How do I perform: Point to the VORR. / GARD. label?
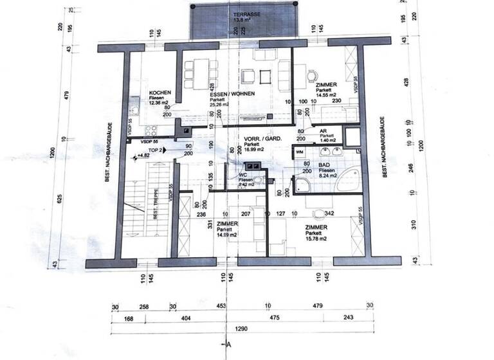click(x=260, y=139)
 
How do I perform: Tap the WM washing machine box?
click(x=300, y=152)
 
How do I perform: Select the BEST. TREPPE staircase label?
click(x=156, y=206)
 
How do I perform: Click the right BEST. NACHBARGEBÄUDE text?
click(x=383, y=147)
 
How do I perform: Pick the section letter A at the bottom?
click(x=228, y=345)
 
